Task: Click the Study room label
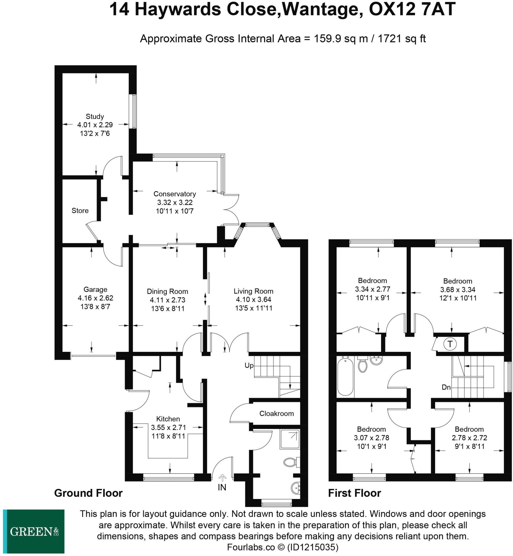pos(95,116)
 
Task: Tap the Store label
pos(80,210)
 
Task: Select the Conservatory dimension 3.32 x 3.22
pos(174,202)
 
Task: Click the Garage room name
pos(95,289)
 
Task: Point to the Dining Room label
pos(167,291)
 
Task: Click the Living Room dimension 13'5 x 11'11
pos(254,308)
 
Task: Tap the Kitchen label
pos(168,419)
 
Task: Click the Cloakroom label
pos(277,413)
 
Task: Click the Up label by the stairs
pos(249,365)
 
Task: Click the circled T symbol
pos(450,344)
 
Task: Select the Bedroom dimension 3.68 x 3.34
pos(457,289)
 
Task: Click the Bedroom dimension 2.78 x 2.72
pos(469,438)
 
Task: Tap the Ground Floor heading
pos(88,493)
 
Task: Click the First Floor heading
pos(354,493)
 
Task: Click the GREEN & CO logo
pos(34,531)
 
